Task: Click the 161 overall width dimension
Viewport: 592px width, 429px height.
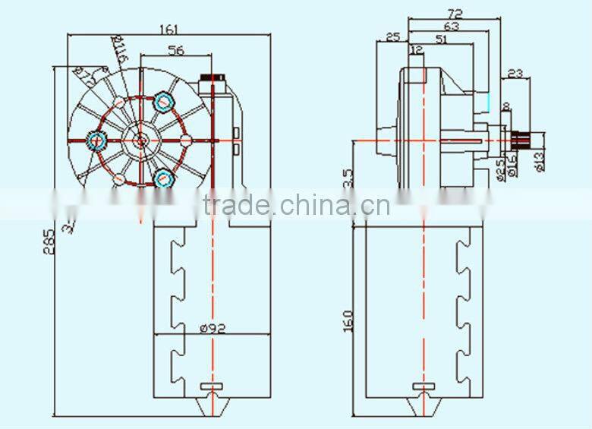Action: tap(168, 30)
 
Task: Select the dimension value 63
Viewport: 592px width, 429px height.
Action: tap(450, 26)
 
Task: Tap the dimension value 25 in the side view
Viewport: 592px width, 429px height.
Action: tap(392, 37)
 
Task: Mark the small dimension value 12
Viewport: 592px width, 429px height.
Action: tap(416, 50)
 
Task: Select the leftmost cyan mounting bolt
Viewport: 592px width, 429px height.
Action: tap(96, 140)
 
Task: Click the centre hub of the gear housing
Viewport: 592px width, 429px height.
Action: tap(141, 140)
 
